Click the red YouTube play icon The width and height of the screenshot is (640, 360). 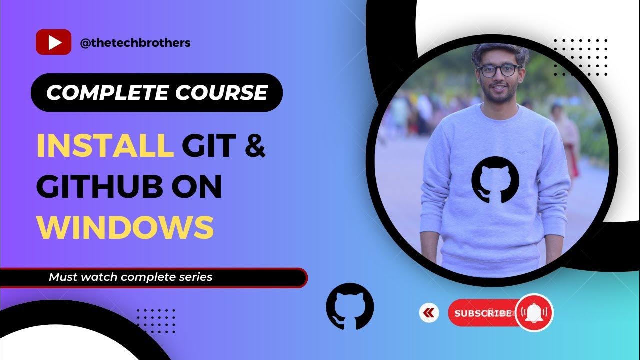(x=53, y=42)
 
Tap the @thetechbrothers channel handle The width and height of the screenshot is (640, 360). (x=135, y=43)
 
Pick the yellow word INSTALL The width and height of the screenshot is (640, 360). (x=105, y=145)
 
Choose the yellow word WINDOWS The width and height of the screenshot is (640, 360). (x=125, y=227)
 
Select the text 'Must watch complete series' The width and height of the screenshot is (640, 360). (x=131, y=277)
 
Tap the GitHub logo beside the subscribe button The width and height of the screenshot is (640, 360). (x=349, y=306)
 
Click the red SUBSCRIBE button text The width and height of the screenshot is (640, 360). (x=483, y=313)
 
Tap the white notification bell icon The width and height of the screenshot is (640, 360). (x=534, y=312)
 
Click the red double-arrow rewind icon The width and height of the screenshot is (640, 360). (x=428, y=313)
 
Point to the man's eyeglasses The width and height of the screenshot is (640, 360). (x=498, y=70)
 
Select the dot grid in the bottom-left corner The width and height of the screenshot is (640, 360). (x=156, y=320)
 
